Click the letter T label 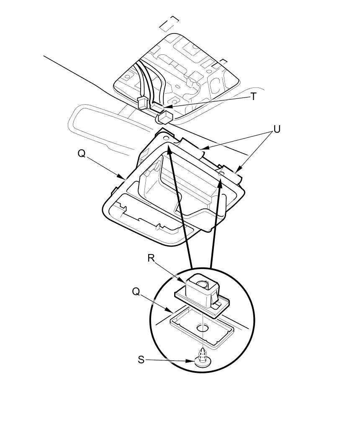tap(253, 97)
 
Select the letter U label tap(276, 129)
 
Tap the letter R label tap(152, 258)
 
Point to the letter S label tap(141, 359)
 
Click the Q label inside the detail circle tap(136, 291)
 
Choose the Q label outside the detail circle tap(82, 154)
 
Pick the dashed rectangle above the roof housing tap(170, 23)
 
